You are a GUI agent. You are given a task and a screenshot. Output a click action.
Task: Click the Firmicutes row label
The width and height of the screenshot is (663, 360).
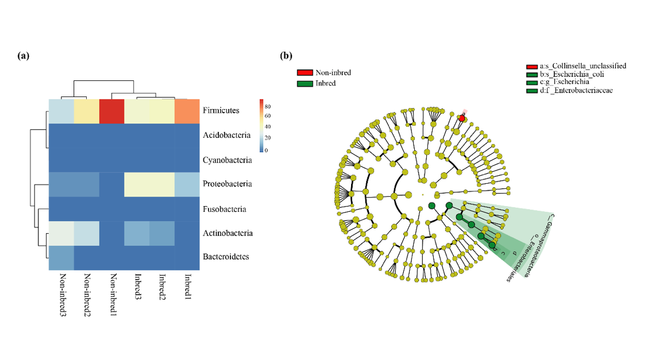click(221, 110)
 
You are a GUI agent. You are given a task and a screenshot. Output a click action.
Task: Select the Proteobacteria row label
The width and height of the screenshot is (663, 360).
click(227, 184)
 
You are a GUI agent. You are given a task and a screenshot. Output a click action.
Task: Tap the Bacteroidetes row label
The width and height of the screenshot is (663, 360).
click(226, 257)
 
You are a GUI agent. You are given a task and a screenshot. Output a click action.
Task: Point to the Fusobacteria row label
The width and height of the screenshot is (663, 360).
click(225, 209)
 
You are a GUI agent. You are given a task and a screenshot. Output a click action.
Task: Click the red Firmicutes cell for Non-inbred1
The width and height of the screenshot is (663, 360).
click(113, 111)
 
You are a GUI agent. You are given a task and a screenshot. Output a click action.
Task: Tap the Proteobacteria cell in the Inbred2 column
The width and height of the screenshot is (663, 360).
click(161, 184)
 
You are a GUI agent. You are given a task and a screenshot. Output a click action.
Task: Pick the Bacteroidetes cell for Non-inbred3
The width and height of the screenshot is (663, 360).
click(60, 258)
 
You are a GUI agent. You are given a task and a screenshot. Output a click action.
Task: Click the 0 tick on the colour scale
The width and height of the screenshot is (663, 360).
click(267, 150)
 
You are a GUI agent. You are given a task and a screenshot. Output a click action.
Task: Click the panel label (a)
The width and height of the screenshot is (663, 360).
click(24, 56)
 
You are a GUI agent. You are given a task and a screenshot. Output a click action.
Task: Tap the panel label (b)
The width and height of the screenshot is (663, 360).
click(286, 56)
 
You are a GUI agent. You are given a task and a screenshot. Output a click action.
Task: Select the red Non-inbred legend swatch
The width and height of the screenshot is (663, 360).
click(304, 73)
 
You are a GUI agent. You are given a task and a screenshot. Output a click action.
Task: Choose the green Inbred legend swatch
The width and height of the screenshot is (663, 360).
click(304, 83)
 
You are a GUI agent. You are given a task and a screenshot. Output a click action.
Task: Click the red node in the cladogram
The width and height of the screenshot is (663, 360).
click(461, 118)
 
